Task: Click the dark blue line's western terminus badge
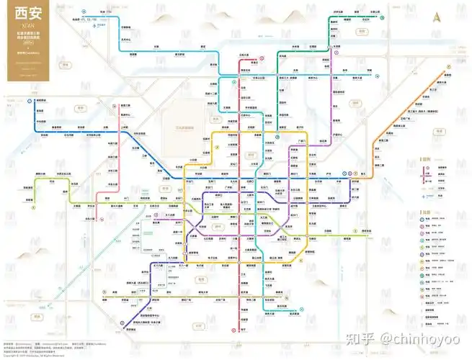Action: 32,100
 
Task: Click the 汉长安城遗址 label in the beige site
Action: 184,127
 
